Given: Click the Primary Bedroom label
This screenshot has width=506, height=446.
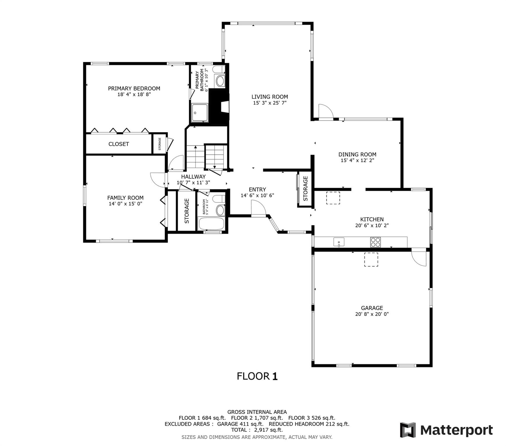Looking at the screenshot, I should [134, 88].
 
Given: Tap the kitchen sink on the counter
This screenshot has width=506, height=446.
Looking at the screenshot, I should [339, 242].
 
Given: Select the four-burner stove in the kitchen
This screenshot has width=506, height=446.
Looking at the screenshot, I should [375, 242].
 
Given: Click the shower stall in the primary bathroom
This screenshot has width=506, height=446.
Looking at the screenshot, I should [200, 113].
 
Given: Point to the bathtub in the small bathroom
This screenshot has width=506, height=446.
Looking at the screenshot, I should [211, 224].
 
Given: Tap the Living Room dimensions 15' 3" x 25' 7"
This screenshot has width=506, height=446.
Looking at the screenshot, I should [270, 103].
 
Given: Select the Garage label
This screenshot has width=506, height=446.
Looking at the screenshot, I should [372, 308].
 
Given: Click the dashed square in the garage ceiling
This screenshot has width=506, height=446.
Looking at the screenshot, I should [371, 259].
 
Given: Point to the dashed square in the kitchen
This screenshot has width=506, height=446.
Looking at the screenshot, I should [333, 198].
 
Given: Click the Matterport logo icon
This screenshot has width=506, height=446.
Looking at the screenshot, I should [408, 430].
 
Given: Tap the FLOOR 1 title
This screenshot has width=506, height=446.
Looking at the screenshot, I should [257, 376].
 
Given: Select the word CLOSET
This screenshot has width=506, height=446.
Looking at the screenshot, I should [119, 144].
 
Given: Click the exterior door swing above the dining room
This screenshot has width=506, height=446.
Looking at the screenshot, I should [325, 111].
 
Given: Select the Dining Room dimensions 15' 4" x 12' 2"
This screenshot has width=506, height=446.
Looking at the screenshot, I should [357, 160].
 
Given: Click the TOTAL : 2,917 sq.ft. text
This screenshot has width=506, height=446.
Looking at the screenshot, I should [257, 430].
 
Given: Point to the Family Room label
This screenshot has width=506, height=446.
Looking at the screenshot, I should [125, 198].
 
